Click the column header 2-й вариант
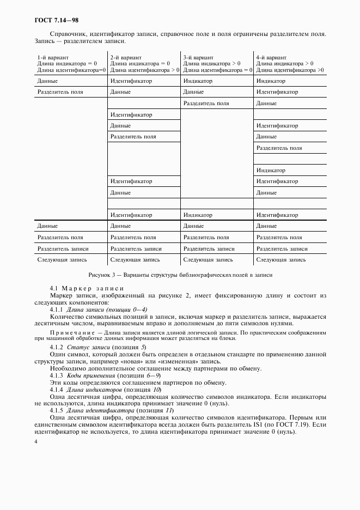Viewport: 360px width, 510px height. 126,57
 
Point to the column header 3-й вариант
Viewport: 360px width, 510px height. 199,57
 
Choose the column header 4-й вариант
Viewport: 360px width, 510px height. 271,57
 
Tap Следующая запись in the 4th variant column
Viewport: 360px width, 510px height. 281,259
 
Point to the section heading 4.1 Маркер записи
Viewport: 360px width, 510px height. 87,288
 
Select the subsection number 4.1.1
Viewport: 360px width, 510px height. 57,309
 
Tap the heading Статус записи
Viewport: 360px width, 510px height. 87,347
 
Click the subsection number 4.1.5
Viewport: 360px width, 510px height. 57,410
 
